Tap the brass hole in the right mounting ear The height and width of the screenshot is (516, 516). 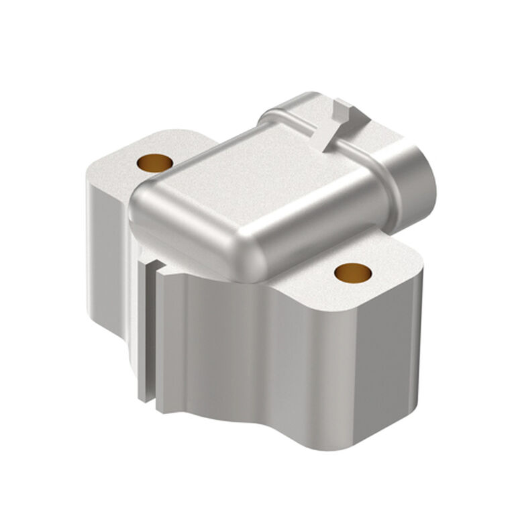pyautogui.click(x=353, y=272)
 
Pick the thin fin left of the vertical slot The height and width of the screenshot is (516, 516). pyautogui.click(x=143, y=329)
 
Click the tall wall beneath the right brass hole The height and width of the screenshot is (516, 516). pyautogui.click(x=376, y=362)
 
